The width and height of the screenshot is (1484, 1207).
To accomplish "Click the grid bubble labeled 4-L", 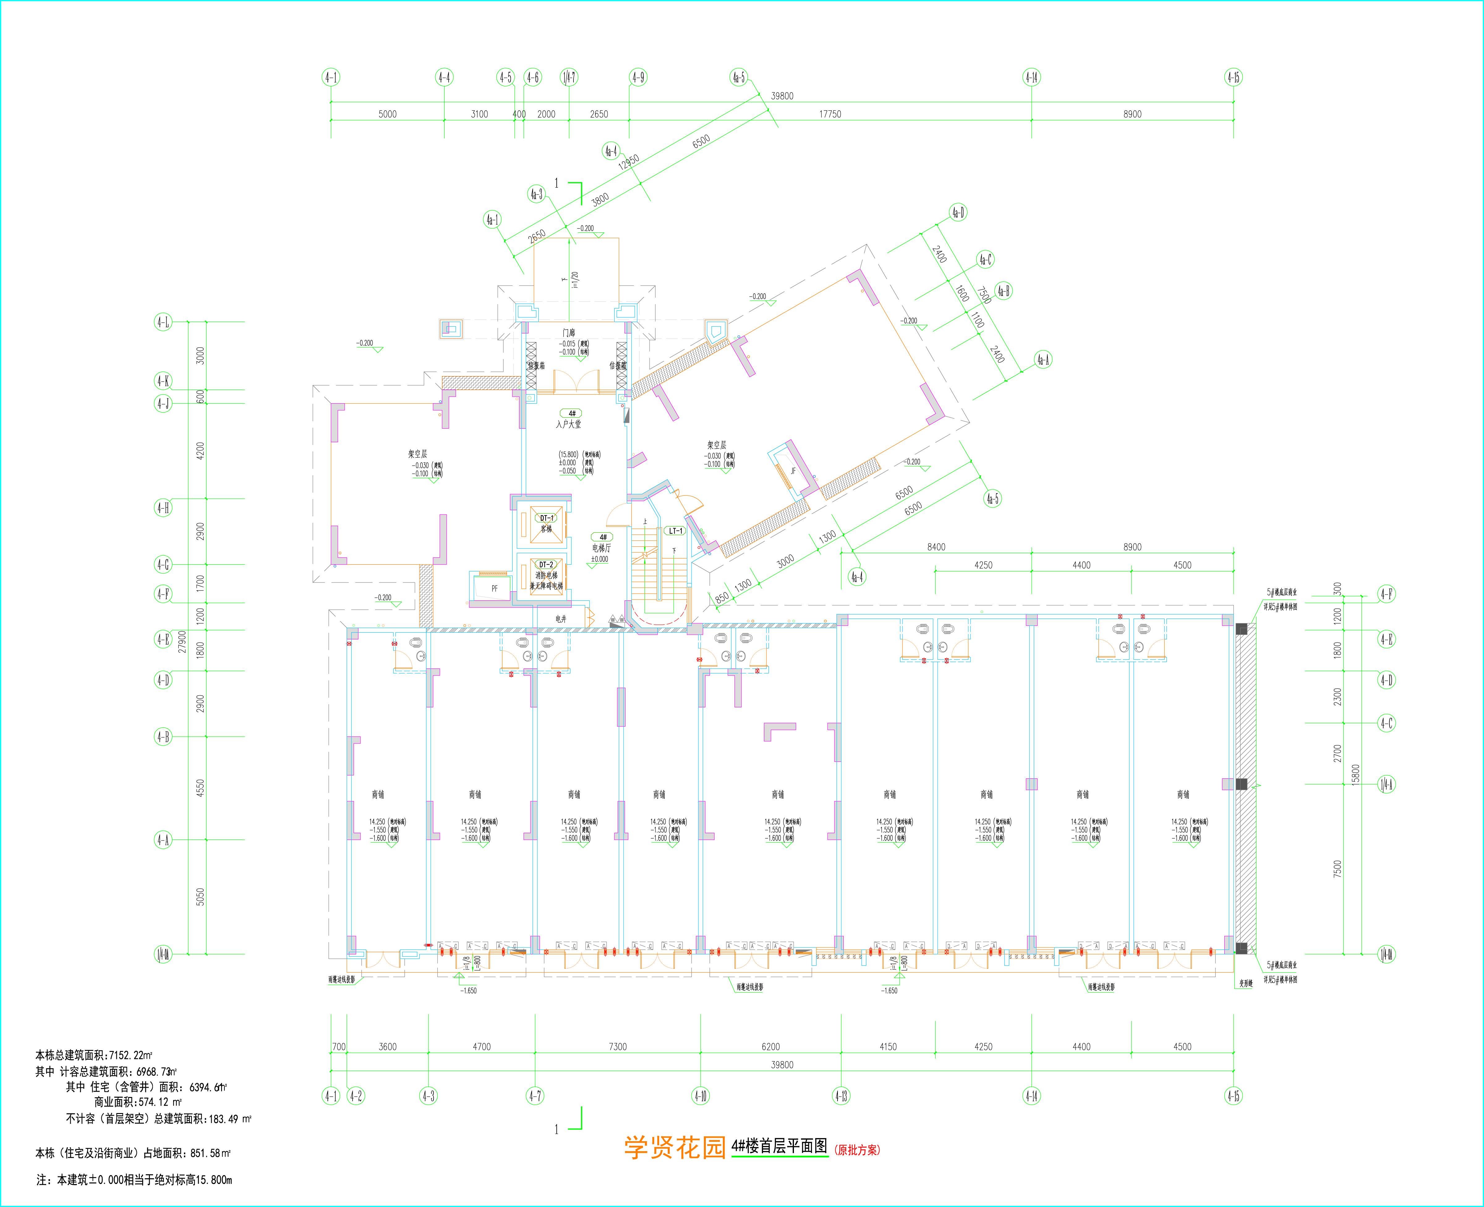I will [x=163, y=322].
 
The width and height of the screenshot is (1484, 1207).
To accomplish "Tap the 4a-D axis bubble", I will [x=958, y=212].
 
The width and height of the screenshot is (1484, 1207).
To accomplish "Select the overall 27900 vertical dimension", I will [x=182, y=641].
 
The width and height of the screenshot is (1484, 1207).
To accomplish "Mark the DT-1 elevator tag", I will [x=547, y=518].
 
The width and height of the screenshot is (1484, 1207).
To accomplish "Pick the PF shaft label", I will [x=495, y=588].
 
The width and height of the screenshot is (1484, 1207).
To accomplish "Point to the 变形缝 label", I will [x=1245, y=983].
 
